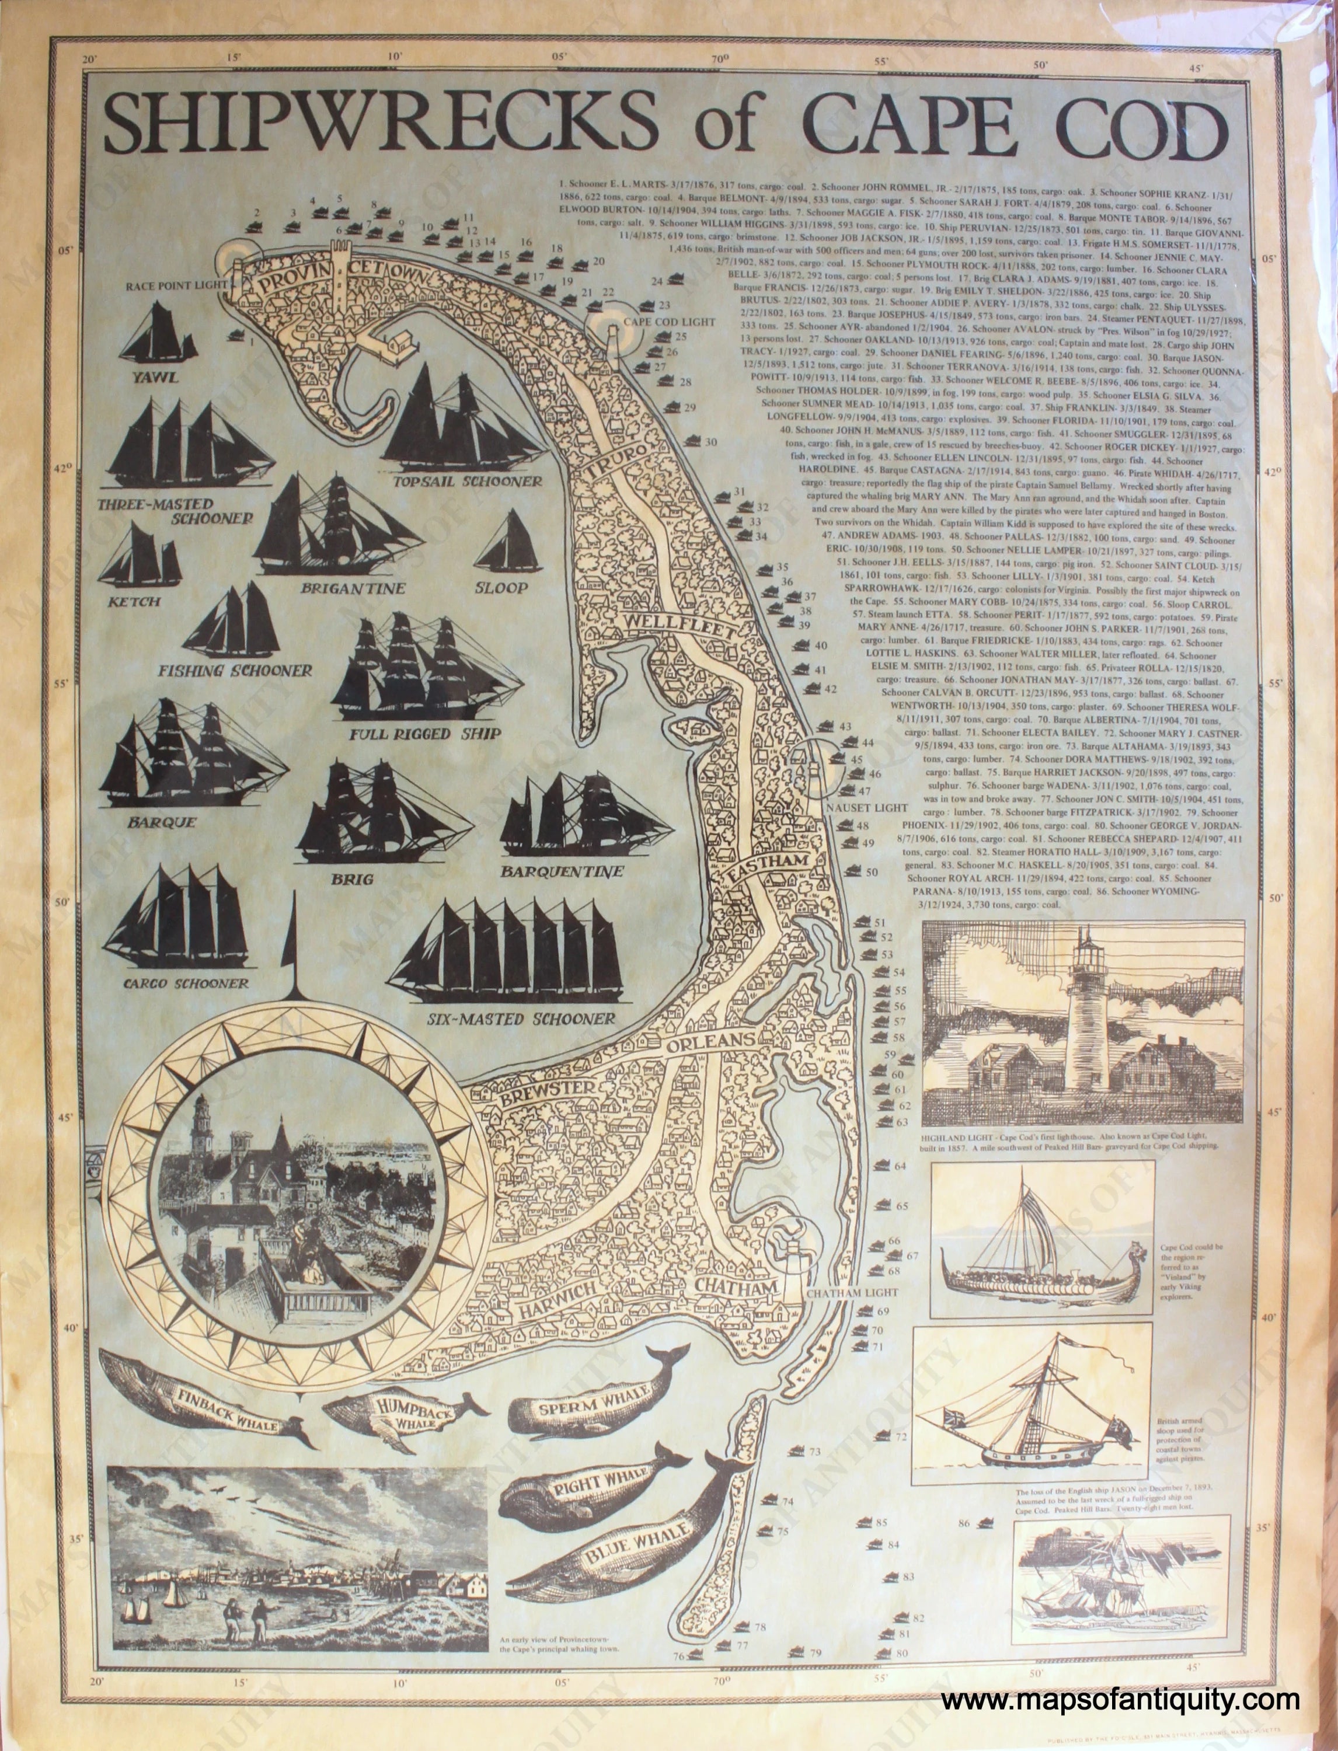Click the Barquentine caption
click(562, 872)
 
